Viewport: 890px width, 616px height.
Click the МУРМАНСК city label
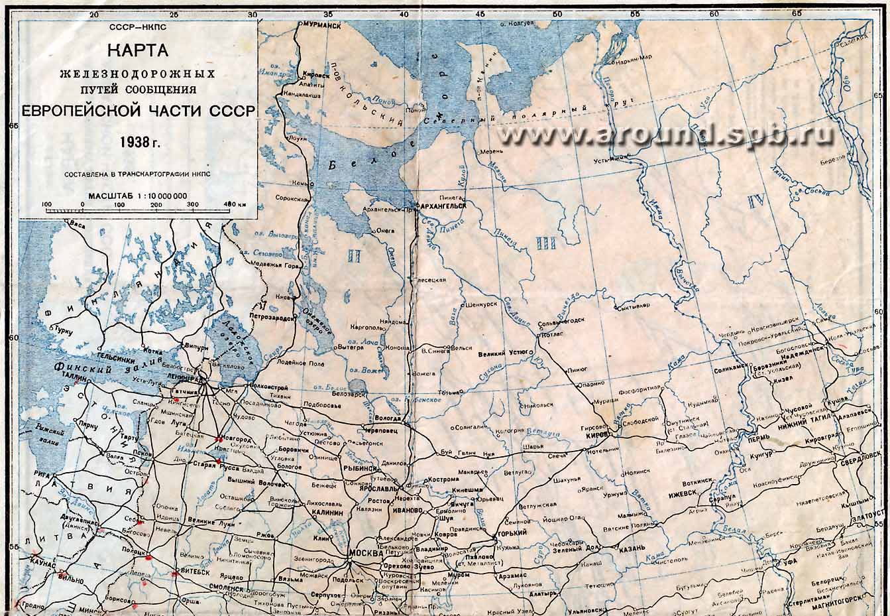(x=322, y=24)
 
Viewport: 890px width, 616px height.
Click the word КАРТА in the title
(x=138, y=50)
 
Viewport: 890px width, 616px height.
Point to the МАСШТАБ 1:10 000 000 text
(x=137, y=196)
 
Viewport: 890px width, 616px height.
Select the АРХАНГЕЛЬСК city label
(x=441, y=206)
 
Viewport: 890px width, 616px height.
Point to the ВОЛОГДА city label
(x=387, y=419)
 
